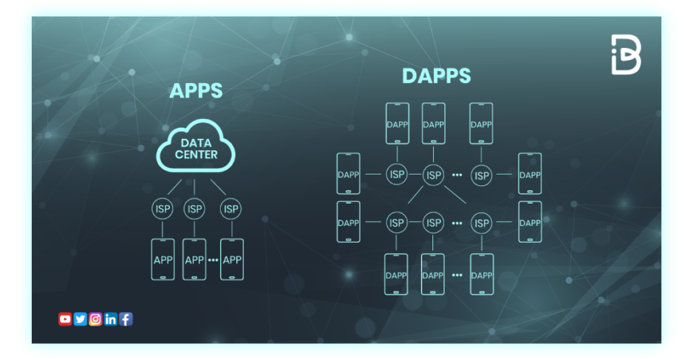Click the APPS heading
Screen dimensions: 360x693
coord(196,91)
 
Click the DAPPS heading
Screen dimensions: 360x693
coord(436,76)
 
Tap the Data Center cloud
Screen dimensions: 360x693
coord(196,149)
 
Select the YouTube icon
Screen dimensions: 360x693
coord(65,319)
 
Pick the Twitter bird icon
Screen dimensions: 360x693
coord(81,319)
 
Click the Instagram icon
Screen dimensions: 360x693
coord(95,319)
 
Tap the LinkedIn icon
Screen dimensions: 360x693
coord(111,319)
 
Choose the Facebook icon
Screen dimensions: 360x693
coord(126,319)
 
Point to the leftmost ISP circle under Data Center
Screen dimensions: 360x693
coord(162,209)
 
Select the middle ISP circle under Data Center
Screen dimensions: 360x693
coord(195,209)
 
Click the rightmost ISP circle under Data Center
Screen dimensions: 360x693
coord(231,209)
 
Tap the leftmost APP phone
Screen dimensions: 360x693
coord(162,260)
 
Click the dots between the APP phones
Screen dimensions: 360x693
coord(213,261)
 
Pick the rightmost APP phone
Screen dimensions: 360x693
coord(232,260)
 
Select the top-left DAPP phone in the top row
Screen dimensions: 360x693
coord(397,124)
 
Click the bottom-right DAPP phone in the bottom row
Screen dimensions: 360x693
coord(481,275)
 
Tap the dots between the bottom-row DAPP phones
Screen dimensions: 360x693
coord(457,275)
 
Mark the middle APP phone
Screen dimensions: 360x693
coord(194,260)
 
